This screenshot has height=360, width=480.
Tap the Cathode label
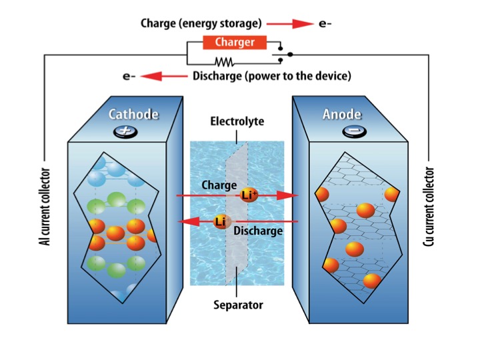click(134, 114)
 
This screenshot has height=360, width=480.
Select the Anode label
click(342, 114)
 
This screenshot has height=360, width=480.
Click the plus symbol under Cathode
click(124, 131)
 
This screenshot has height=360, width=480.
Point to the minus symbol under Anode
click(351, 132)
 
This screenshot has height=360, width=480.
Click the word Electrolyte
click(237, 122)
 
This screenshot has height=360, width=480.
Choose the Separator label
click(238, 306)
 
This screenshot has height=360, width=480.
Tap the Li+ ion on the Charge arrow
click(249, 195)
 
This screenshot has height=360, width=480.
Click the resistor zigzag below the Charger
click(223, 62)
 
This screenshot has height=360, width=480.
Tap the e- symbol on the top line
click(325, 24)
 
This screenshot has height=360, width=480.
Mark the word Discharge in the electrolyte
click(258, 231)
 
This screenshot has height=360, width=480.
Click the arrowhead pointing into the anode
click(287, 195)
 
